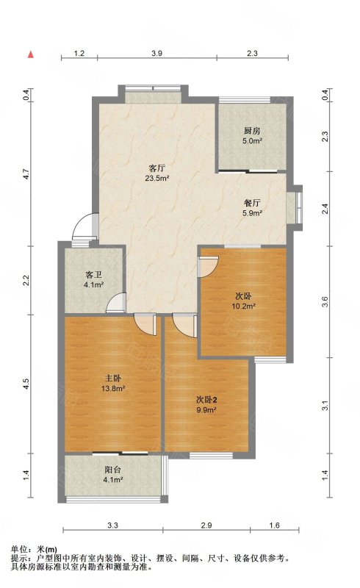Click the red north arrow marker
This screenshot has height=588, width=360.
click(x=31, y=54)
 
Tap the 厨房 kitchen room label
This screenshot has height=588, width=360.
click(x=252, y=132)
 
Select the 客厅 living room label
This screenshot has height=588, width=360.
click(x=157, y=168)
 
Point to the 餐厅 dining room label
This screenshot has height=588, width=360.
click(x=252, y=204)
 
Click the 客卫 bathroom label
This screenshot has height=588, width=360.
click(x=93, y=275)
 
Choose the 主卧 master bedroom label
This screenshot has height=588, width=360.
click(x=112, y=379)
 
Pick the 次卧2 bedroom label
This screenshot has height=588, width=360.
click(x=206, y=400)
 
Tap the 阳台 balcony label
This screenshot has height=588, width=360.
click(x=112, y=470)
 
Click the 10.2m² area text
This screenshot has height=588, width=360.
click(x=244, y=306)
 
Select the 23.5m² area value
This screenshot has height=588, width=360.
click(x=157, y=178)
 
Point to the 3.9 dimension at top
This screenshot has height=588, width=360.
click(x=156, y=53)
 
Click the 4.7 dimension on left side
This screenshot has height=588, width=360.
click(x=26, y=174)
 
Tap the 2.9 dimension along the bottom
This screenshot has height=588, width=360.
click(x=206, y=526)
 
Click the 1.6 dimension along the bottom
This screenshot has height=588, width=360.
click(x=275, y=526)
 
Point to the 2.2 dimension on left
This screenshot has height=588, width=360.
click(x=26, y=281)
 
